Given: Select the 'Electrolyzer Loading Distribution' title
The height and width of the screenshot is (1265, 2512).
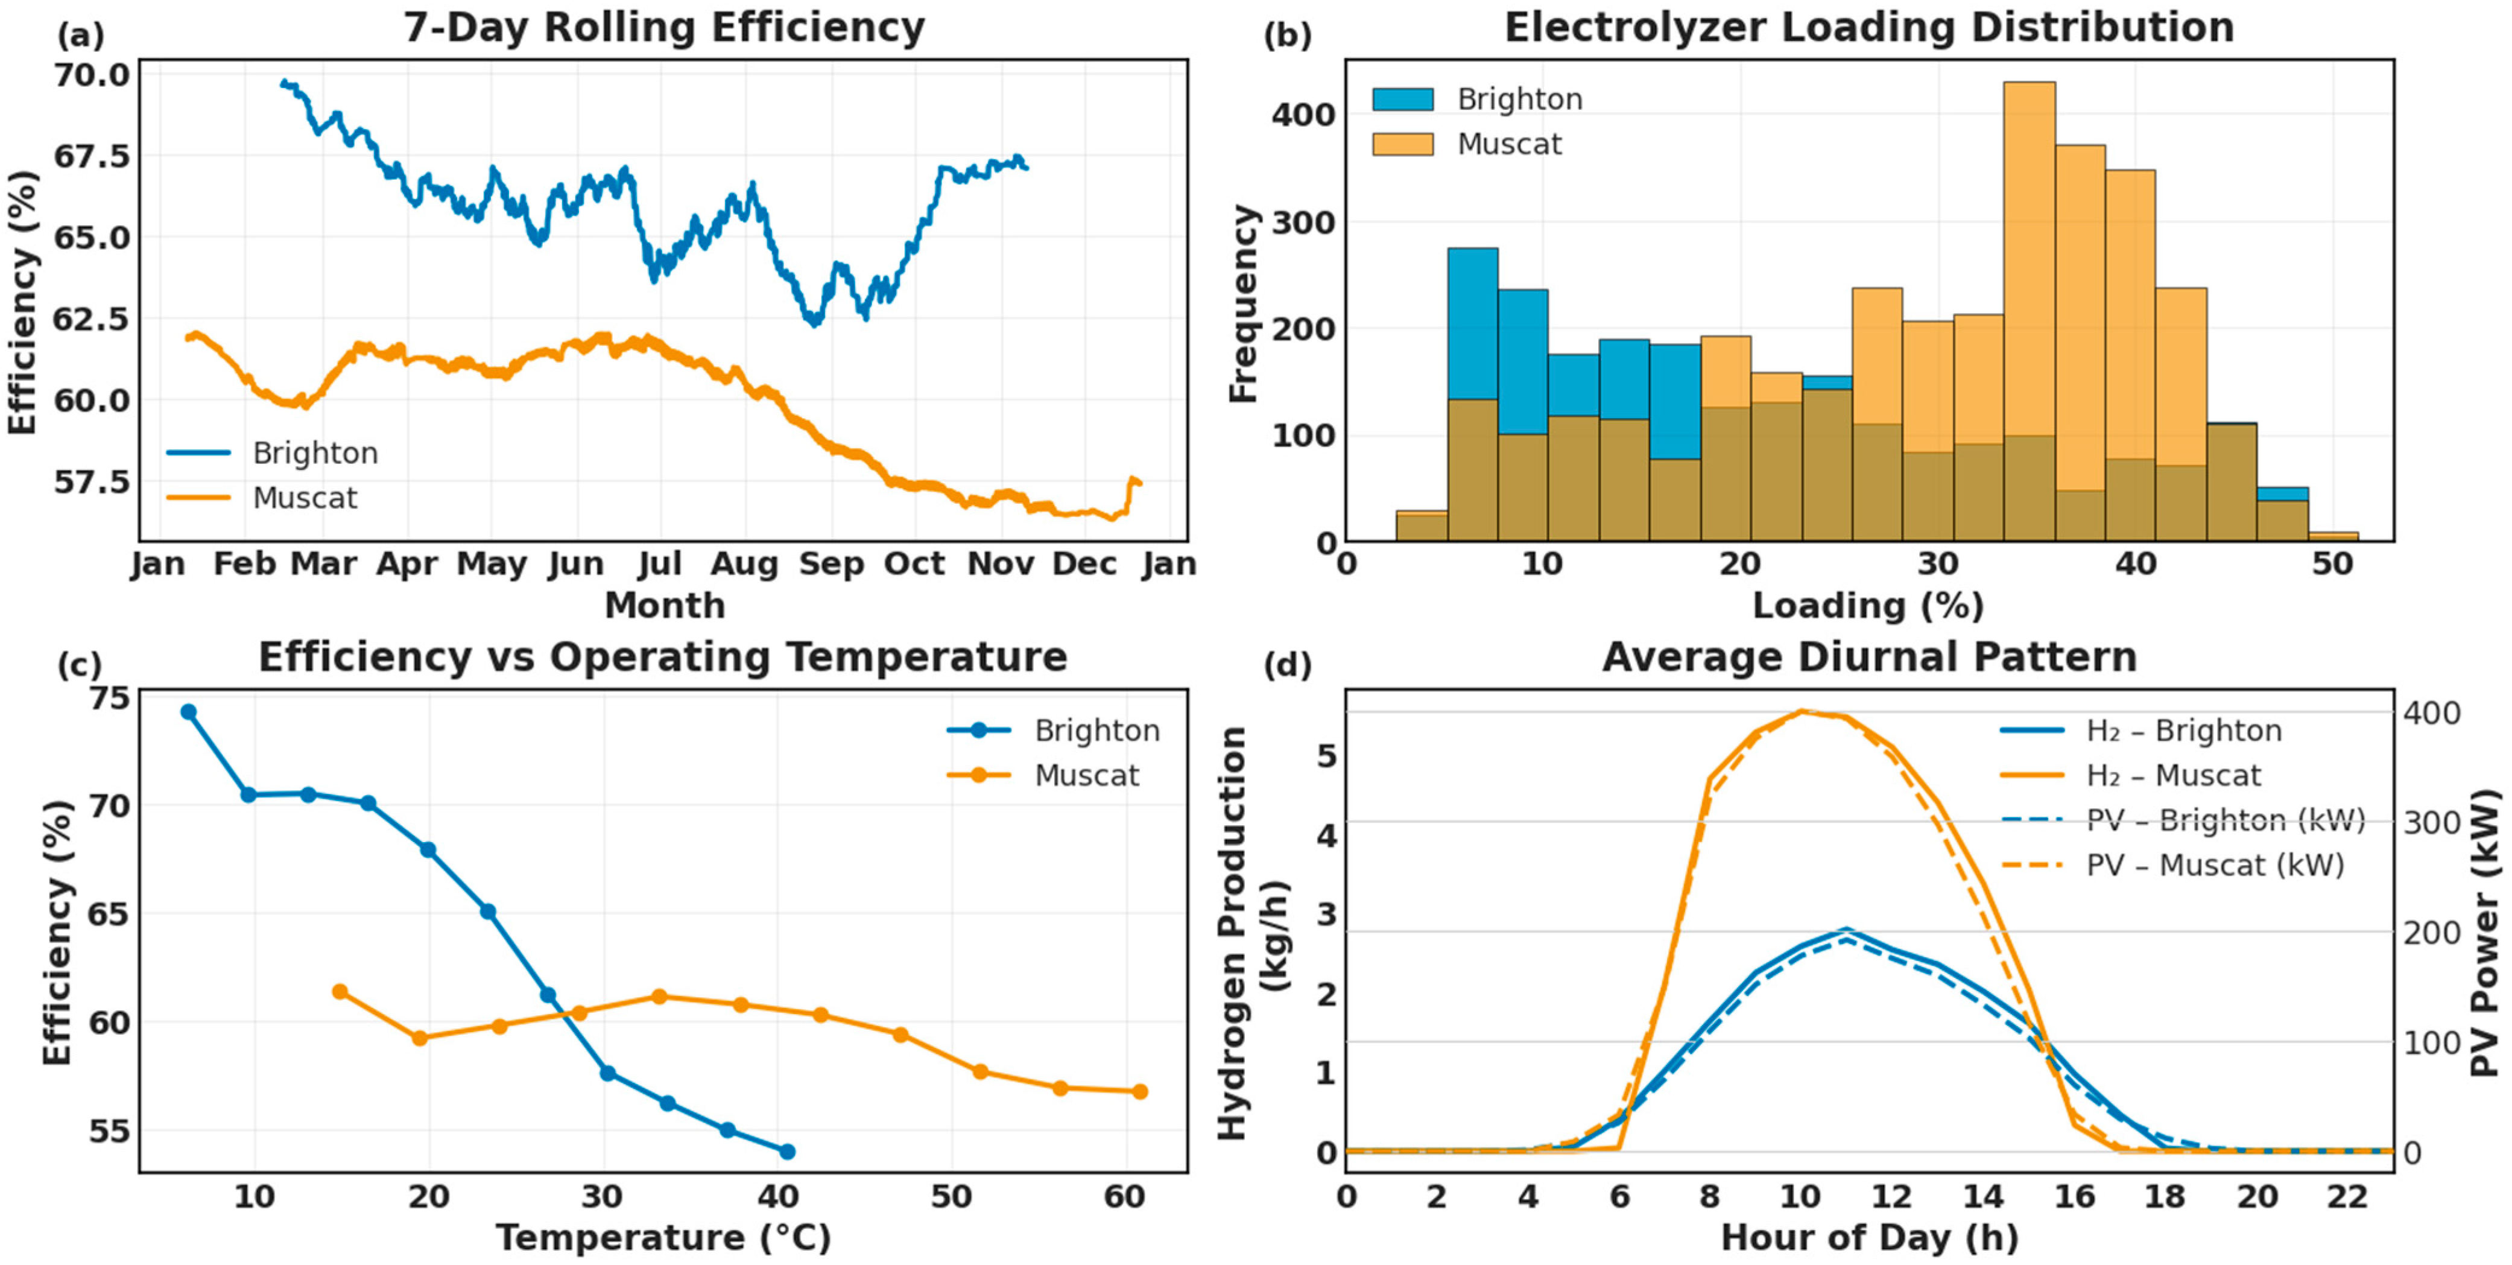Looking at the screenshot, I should click(1868, 28).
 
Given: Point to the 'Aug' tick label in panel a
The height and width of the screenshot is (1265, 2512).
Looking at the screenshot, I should click(744, 564).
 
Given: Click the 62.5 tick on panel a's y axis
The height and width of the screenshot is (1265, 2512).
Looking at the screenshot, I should click(90, 319).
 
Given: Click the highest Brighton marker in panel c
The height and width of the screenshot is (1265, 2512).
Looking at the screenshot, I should click(189, 712).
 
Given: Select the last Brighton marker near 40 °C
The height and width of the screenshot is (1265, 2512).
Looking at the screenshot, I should click(787, 1152).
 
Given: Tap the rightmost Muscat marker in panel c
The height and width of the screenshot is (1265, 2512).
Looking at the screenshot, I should click(1139, 1091).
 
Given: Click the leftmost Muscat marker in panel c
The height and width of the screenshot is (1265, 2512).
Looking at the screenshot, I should click(340, 992).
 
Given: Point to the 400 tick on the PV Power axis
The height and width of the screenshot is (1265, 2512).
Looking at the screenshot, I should click(2431, 713).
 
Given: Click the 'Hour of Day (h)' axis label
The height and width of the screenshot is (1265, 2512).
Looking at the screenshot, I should click(1868, 1238).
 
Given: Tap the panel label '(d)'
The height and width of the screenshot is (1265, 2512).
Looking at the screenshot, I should click(1287, 666).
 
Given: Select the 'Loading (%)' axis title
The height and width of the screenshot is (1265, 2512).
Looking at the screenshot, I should click(1868, 606).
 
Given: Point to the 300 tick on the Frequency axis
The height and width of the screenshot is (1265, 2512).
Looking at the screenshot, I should click(1302, 223).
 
